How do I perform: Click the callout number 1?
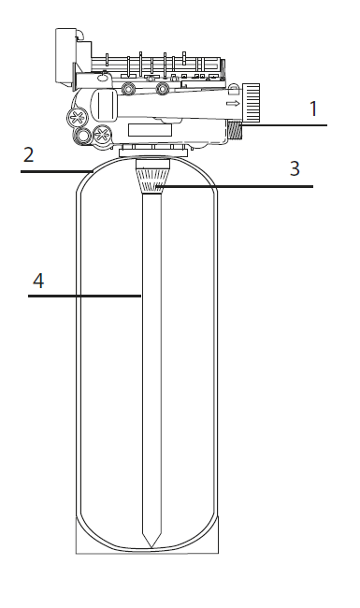coord(313,109)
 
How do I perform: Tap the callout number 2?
coord(29,154)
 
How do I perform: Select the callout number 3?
coord(295,168)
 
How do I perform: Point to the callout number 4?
coord(38,281)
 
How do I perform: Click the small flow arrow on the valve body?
coord(233,104)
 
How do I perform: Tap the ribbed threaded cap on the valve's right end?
coord(251,102)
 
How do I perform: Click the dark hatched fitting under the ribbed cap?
coord(235,130)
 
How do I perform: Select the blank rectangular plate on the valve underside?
coord(150,130)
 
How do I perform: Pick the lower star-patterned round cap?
coord(102,135)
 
